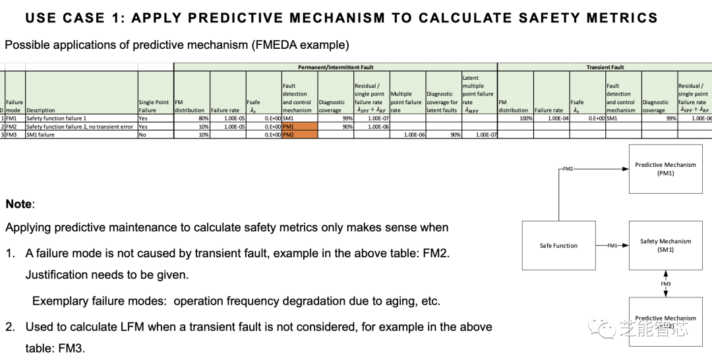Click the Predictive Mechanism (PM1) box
[665, 169]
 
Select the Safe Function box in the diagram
[558, 245]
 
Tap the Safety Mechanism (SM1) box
[665, 245]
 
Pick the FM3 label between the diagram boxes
[666, 284]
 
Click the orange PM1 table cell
[299, 126]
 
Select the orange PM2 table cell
[299, 134]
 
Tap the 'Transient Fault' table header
[605, 67]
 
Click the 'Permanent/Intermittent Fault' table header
[335, 67]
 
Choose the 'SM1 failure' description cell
[40, 135]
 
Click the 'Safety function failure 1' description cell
[56, 118]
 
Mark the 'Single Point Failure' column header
[155, 106]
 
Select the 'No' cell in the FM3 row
[143, 135]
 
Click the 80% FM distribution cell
[202, 118]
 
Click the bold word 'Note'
[19, 204]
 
